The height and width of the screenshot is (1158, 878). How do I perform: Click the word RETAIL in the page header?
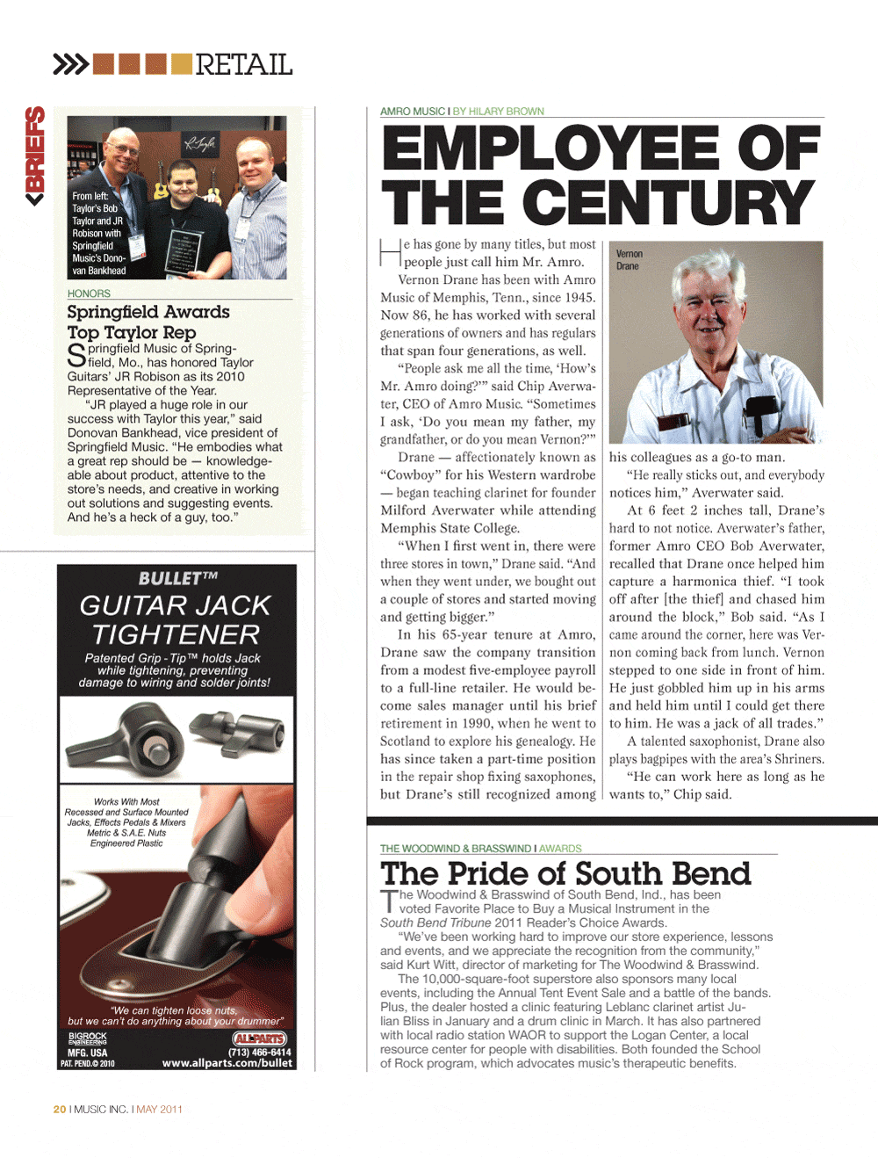click(243, 64)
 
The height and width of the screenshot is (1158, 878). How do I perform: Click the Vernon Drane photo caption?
click(629, 259)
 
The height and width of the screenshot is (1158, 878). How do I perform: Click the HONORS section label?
click(89, 293)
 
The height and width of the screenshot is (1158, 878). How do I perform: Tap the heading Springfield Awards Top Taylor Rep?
click(148, 322)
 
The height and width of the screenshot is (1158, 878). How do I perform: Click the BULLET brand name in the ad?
click(177, 578)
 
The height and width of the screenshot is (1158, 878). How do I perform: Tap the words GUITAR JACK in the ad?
click(176, 605)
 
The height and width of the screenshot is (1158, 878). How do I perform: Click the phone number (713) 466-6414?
click(259, 1052)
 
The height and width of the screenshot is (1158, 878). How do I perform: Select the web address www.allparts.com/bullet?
click(227, 1063)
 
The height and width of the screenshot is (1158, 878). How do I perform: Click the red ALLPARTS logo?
click(260, 1039)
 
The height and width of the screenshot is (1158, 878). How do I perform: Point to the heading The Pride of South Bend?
click(565, 873)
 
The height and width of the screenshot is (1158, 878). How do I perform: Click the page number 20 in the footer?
click(60, 1109)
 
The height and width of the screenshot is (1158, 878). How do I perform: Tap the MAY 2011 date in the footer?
click(160, 1109)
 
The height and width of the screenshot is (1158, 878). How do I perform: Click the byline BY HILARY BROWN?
click(499, 112)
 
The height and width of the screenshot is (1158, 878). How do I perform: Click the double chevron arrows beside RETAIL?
click(70, 64)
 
